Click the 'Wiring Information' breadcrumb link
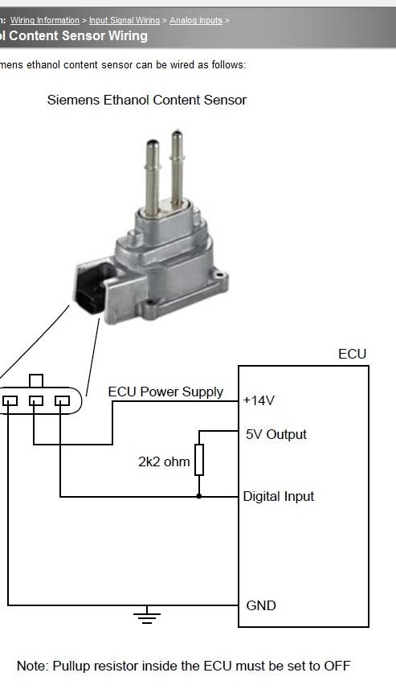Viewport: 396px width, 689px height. [45, 20]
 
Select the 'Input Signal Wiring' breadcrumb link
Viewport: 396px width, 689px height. [125, 20]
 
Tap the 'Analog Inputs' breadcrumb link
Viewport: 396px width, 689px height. [196, 20]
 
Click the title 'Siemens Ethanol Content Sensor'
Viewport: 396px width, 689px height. [147, 100]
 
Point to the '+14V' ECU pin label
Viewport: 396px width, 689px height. [259, 400]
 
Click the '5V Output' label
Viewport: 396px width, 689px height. [276, 434]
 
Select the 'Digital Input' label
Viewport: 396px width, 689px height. [279, 497]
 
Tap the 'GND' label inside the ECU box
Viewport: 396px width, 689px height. [261, 605]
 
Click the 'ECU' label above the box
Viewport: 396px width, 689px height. [352, 355]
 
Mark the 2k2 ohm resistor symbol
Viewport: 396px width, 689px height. [199, 460]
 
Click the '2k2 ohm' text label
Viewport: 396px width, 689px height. [164, 461]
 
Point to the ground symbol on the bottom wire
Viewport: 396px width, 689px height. [147, 615]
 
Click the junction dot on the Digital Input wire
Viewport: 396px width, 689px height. [199, 496]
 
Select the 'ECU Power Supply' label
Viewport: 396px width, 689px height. [165, 392]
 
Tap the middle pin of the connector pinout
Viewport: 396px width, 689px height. [35, 400]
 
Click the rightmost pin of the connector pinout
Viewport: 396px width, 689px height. [62, 400]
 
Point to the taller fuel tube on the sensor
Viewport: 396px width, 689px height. [177, 169]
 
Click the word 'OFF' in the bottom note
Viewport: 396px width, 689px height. [337, 666]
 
